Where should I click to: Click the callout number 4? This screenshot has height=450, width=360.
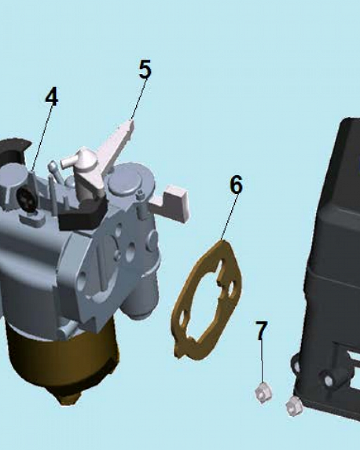coord(52,97)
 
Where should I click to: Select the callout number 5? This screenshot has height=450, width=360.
coord(145,69)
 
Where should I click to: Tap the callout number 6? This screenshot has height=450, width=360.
coord(236,184)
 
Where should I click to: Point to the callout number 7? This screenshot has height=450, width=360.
coord(261,330)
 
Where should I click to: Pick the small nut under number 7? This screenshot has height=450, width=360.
coord(263,393)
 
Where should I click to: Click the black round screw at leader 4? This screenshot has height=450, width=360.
coord(27,199)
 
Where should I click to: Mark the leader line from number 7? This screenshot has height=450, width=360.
coord(262,362)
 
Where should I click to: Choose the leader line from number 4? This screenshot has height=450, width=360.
coord(42,139)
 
